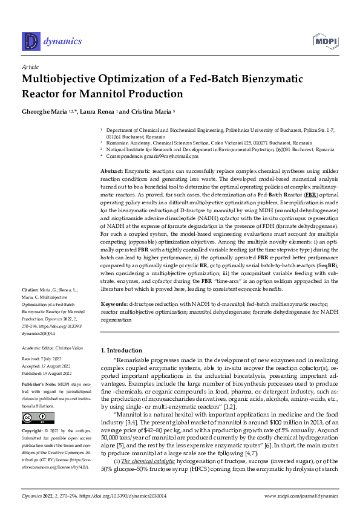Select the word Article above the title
pos(30,68)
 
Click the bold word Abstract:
pos(113,172)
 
